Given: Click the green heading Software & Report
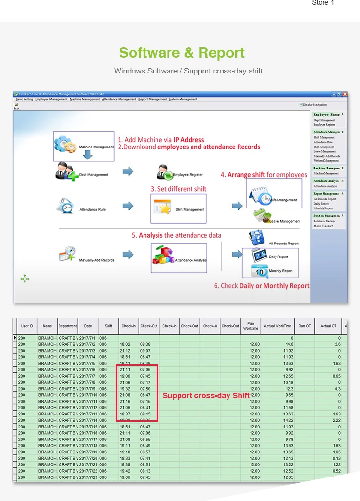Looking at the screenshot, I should [182, 52].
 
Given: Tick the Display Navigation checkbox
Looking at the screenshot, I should [301, 104].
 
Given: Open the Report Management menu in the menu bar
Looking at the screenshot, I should [153, 99].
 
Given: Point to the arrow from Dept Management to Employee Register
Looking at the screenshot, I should [128, 171].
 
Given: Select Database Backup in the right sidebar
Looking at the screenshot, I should [324, 221].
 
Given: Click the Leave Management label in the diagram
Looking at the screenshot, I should [285, 221].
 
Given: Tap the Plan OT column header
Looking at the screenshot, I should [304, 326].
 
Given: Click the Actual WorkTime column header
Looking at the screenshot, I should [277, 326].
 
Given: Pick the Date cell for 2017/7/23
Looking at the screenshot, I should [88, 477].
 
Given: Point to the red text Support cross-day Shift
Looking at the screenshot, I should [206, 396].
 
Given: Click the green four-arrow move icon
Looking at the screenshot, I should [25, 278].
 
